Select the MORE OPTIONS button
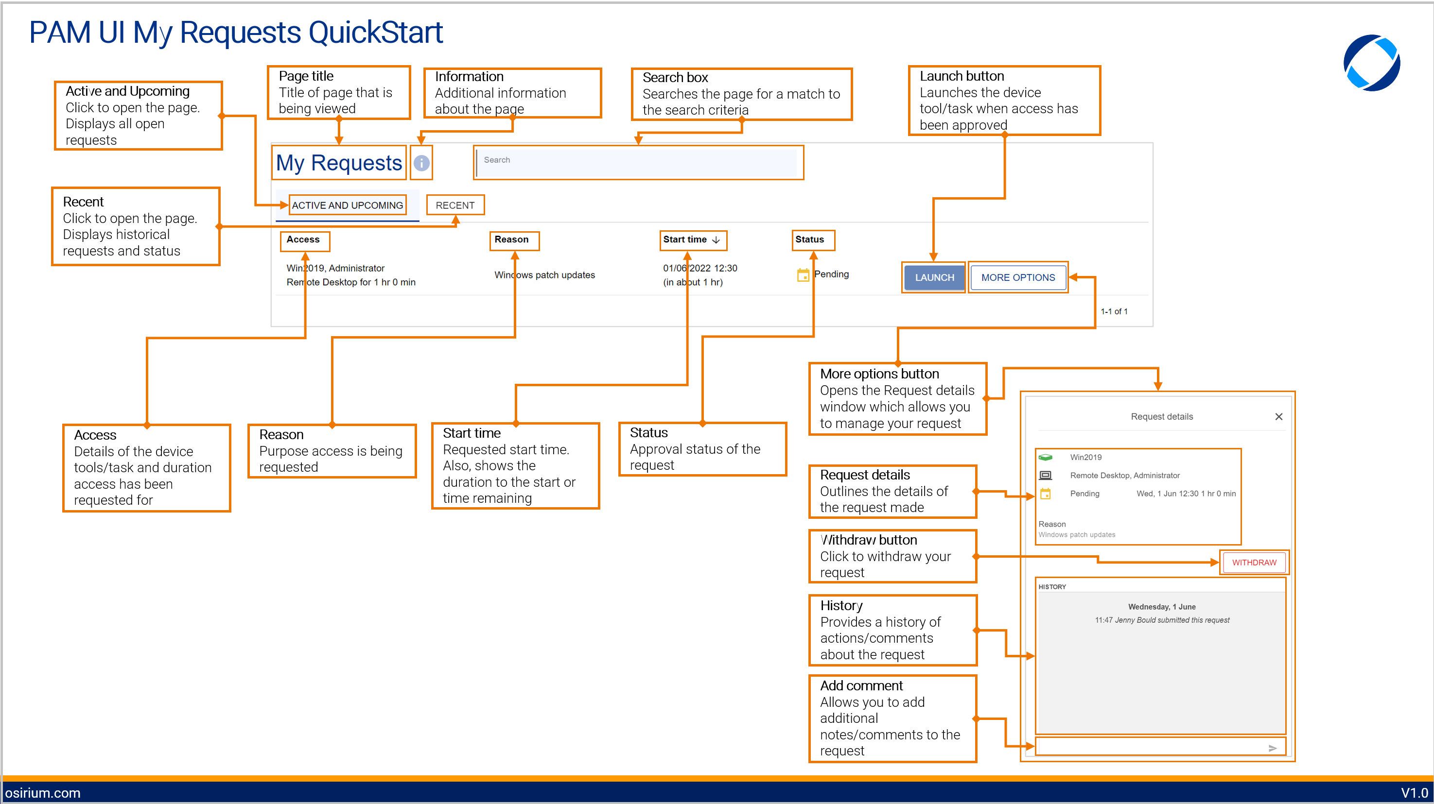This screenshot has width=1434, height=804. [1017, 277]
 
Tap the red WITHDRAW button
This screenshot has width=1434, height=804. [1254, 562]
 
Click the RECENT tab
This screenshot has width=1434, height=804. [455, 205]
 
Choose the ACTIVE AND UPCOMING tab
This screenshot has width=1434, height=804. [348, 205]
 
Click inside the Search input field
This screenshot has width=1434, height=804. [637, 161]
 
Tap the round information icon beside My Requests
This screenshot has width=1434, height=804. [421, 162]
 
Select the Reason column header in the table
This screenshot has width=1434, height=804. [511, 239]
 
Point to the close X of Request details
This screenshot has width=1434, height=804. [1278, 416]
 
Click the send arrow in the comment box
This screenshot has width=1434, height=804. [1272, 748]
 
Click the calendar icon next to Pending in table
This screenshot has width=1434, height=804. [803, 274]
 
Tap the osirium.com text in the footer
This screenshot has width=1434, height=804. [43, 792]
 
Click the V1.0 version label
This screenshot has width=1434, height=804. [1414, 792]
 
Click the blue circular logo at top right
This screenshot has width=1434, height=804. [1372, 62]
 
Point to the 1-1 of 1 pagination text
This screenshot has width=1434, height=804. [1114, 311]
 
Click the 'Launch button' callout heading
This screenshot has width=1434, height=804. [962, 76]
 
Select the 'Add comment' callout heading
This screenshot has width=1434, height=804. [861, 685]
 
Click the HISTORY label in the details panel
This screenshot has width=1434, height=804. [1051, 586]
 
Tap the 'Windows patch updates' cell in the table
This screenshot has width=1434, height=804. [544, 275]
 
